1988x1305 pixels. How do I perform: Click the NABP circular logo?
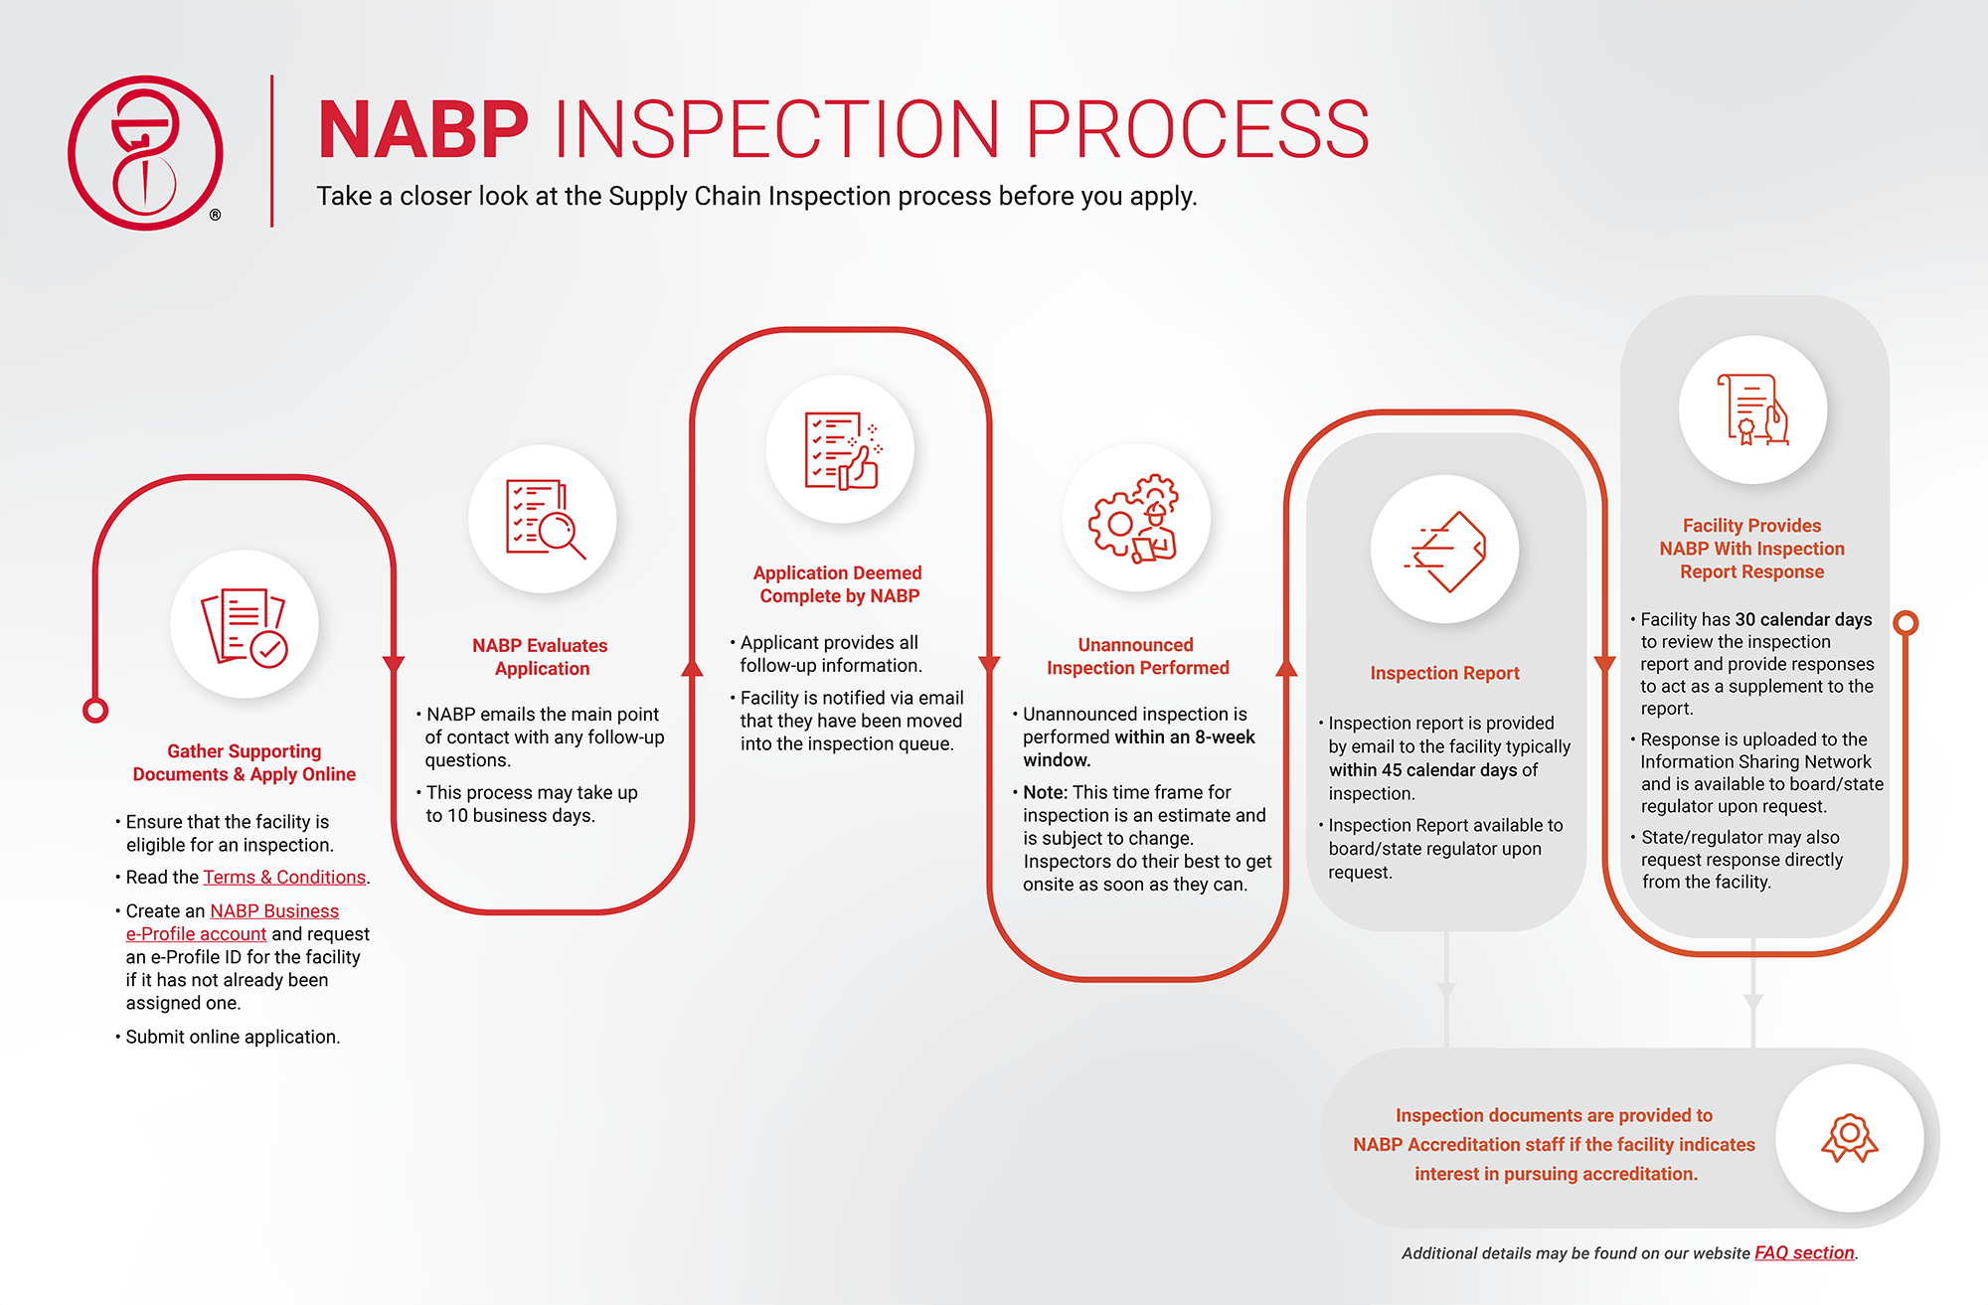point(145,153)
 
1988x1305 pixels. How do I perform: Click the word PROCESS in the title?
point(1198,129)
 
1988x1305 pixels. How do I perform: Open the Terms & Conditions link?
point(284,877)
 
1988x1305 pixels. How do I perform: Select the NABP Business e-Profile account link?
point(233,922)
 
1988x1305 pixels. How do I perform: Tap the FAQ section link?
point(1804,1252)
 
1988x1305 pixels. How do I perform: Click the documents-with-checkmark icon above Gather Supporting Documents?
point(245,626)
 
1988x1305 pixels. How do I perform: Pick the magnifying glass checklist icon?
point(544,518)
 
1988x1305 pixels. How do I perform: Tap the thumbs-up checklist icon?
point(842,450)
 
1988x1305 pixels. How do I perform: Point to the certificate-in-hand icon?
point(1752,409)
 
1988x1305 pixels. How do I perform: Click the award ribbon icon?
point(1850,1137)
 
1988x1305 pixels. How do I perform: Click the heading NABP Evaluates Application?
point(541,657)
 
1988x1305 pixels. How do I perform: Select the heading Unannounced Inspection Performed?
point(1137,656)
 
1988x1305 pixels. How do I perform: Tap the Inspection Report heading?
point(1444,673)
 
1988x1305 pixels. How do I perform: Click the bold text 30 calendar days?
point(1803,619)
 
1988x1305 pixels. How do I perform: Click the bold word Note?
point(1045,792)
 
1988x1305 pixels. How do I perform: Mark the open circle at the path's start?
point(95,711)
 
